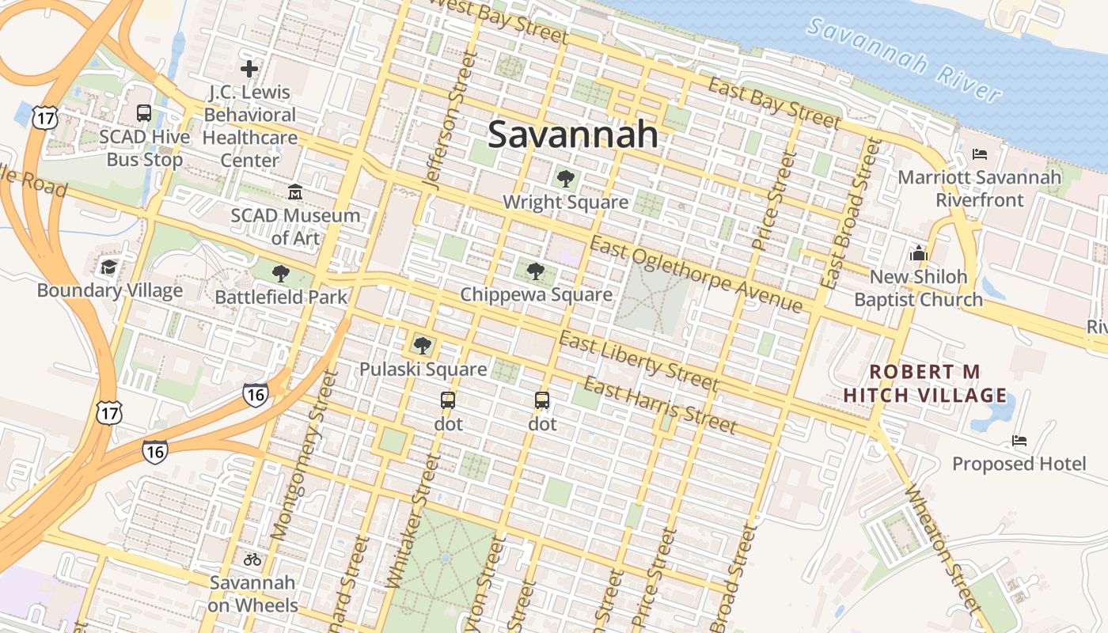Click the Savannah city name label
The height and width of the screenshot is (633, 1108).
[x=572, y=135]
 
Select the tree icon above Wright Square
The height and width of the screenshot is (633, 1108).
[x=565, y=179]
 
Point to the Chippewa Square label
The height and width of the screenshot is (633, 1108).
[x=536, y=295]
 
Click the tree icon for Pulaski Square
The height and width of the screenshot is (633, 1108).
[x=423, y=345]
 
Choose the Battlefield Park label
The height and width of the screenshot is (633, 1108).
[x=282, y=298]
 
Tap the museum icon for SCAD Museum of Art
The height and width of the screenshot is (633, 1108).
[x=295, y=192]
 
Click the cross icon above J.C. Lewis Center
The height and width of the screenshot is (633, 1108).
[x=249, y=69]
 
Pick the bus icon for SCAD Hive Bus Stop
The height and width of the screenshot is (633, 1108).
[x=143, y=113]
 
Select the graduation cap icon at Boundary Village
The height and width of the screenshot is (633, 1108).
[x=109, y=267]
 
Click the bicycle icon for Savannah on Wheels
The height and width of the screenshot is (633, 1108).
[x=252, y=559]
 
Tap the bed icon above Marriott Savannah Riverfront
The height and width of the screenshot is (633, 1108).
[x=980, y=154]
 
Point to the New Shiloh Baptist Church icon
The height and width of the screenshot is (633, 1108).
[x=918, y=253]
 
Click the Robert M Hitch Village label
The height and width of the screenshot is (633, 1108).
[x=925, y=383]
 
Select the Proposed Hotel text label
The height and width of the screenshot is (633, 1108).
[x=1019, y=464]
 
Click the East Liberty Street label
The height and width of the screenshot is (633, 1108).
[x=639, y=362]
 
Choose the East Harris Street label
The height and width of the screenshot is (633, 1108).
[x=660, y=405]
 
